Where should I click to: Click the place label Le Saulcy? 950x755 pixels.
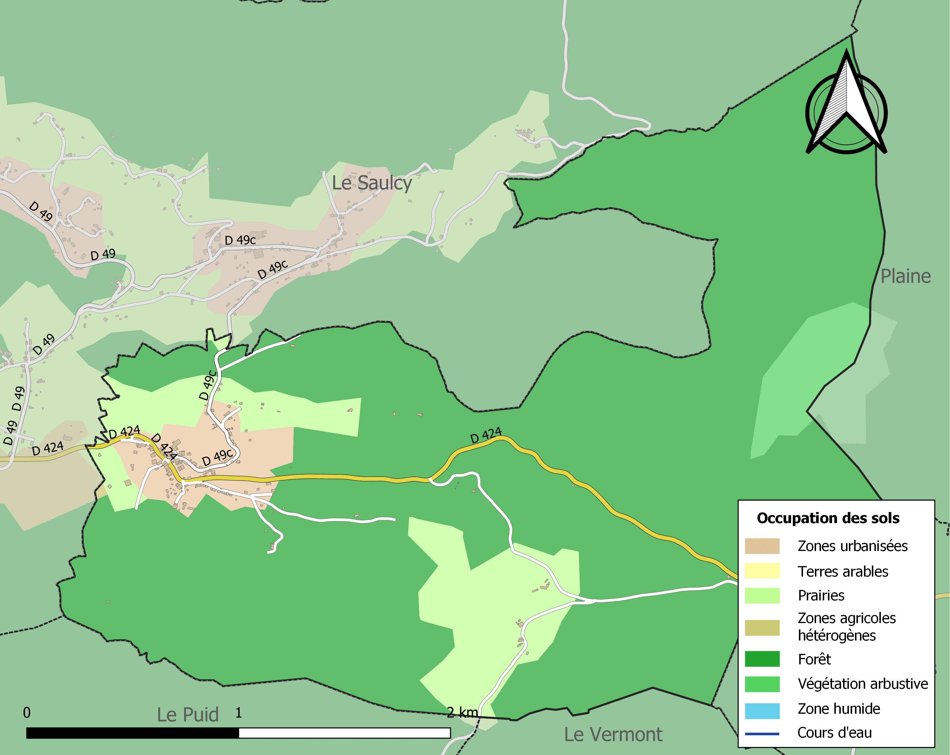tap(372, 183)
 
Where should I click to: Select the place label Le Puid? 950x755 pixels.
tap(188, 715)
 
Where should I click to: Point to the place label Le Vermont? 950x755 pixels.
tap(613, 735)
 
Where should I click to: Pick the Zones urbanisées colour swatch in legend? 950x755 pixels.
tap(762, 546)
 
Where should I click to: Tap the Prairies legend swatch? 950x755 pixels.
tap(762, 595)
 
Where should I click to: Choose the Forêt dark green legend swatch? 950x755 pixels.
tap(762, 659)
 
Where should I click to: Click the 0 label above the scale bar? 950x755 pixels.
tap(27, 713)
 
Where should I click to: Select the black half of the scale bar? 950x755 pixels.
tap(132, 733)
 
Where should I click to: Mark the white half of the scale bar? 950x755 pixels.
tap(344, 733)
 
